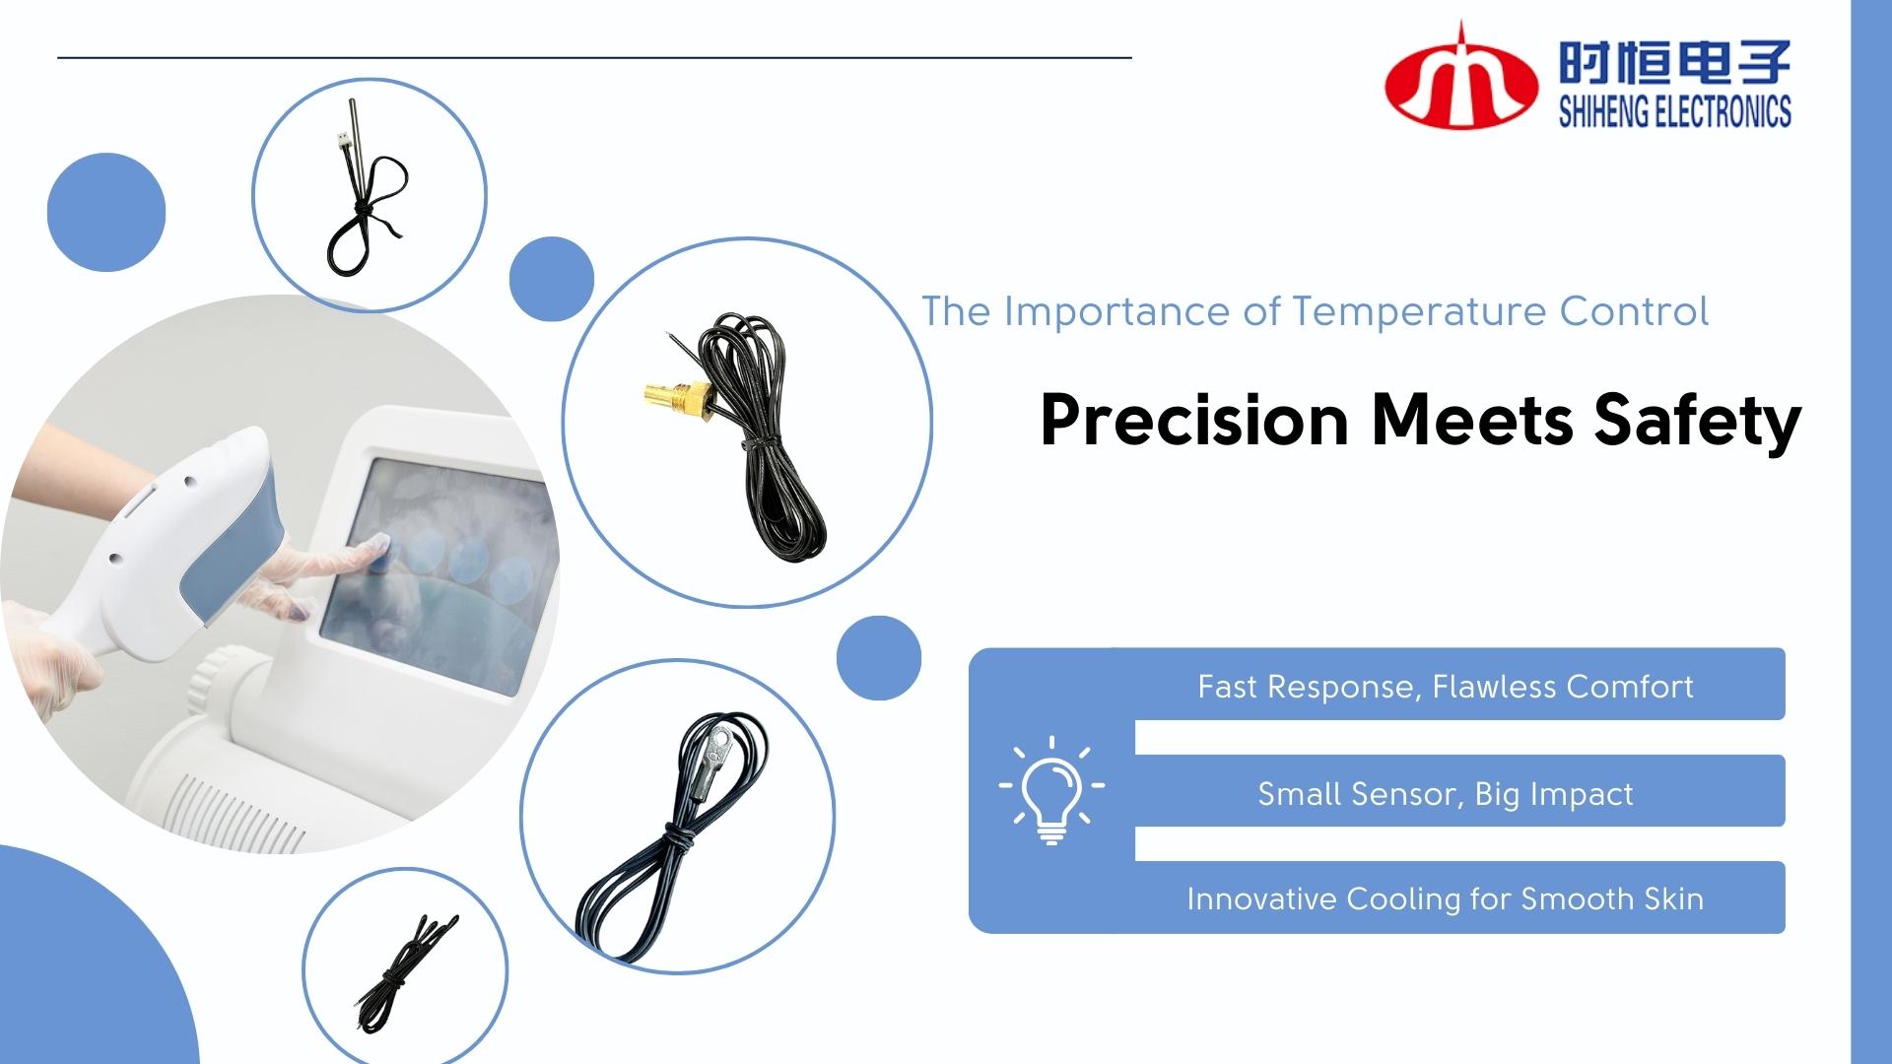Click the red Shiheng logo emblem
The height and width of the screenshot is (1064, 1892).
pyautogui.click(x=1461, y=87)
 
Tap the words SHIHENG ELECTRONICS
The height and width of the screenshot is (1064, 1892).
pyautogui.click(x=1675, y=112)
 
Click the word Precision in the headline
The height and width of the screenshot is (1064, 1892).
pyautogui.click(x=1194, y=421)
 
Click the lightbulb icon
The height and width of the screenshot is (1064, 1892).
pyautogui.click(x=1051, y=790)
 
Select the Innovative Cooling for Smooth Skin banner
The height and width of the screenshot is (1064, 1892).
pyautogui.click(x=1446, y=898)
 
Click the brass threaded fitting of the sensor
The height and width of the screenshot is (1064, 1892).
pyautogui.click(x=675, y=396)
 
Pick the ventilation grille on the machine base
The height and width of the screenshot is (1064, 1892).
pyautogui.click(x=232, y=808)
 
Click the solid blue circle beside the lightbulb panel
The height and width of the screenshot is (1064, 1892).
pyautogui.click(x=879, y=658)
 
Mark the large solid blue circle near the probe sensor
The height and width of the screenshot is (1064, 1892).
pyautogui.click(x=106, y=212)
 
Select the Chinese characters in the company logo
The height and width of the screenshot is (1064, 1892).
pyautogui.click(x=1675, y=61)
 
